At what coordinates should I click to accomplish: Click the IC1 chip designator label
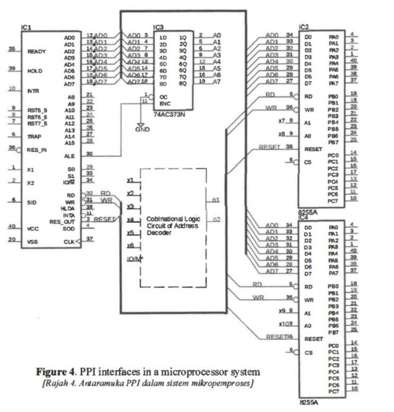pos(26,28)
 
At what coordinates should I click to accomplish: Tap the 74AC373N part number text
pos(169,114)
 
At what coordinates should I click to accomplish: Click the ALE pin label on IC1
pos(69,156)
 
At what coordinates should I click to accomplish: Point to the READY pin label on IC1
pos(36,51)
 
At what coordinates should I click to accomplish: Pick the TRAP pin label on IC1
pos(34,137)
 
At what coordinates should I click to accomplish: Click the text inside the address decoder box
pos(173,226)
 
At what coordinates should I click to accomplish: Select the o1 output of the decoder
pos(216,200)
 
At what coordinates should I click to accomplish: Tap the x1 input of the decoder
pos(130,180)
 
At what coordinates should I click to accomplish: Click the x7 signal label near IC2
pos(282,121)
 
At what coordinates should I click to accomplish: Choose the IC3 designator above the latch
pos(158,27)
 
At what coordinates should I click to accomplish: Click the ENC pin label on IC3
pos(165,104)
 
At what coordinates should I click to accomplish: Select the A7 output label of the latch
pos(217,81)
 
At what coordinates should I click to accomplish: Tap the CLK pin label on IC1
pos(69,242)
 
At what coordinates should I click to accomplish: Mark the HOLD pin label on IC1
pos(35,71)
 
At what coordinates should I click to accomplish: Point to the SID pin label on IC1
pos(31,202)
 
